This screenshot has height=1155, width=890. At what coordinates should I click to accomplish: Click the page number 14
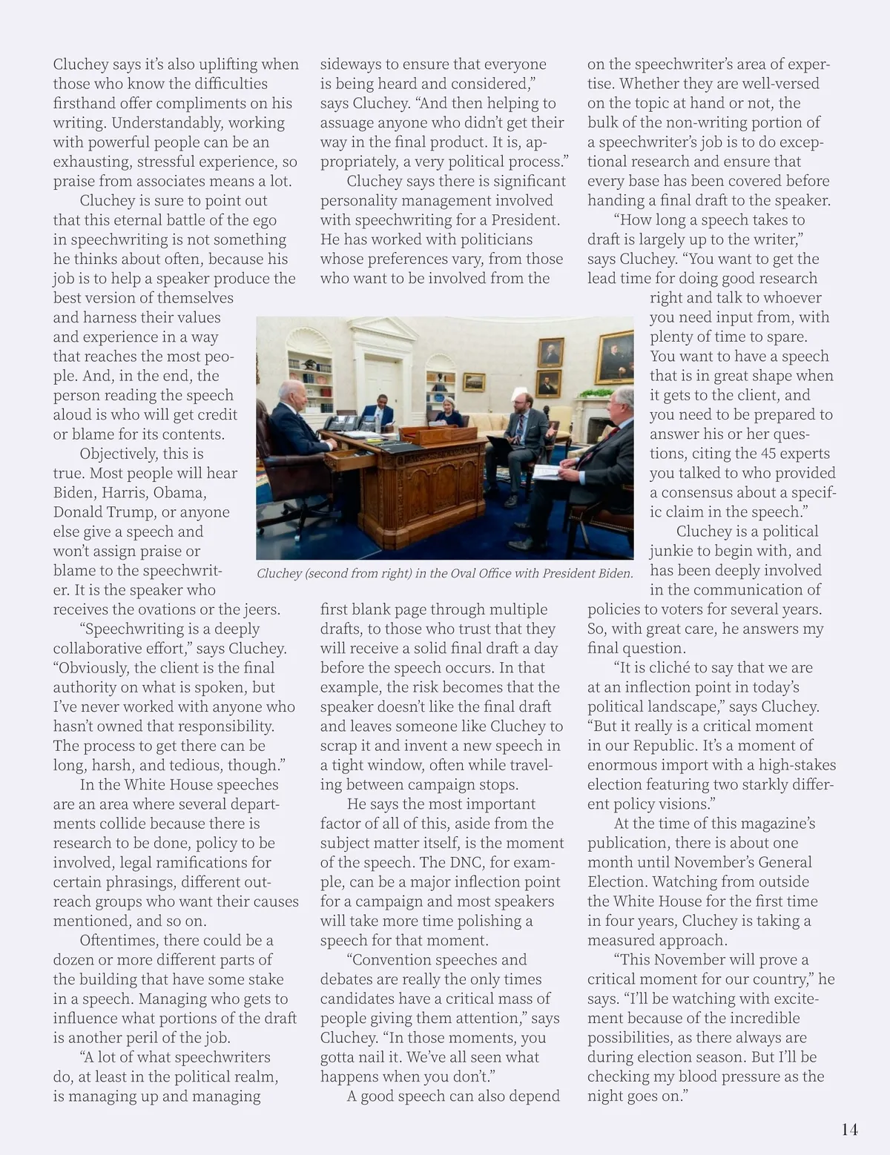[x=849, y=1130]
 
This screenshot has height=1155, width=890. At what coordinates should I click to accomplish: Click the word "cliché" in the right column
[x=674, y=668]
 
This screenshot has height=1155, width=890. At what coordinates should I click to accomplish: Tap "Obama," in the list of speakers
[x=180, y=493]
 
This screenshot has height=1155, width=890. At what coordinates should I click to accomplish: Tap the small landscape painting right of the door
[x=474, y=382]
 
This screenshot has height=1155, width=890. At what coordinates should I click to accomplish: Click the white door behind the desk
[x=381, y=378]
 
